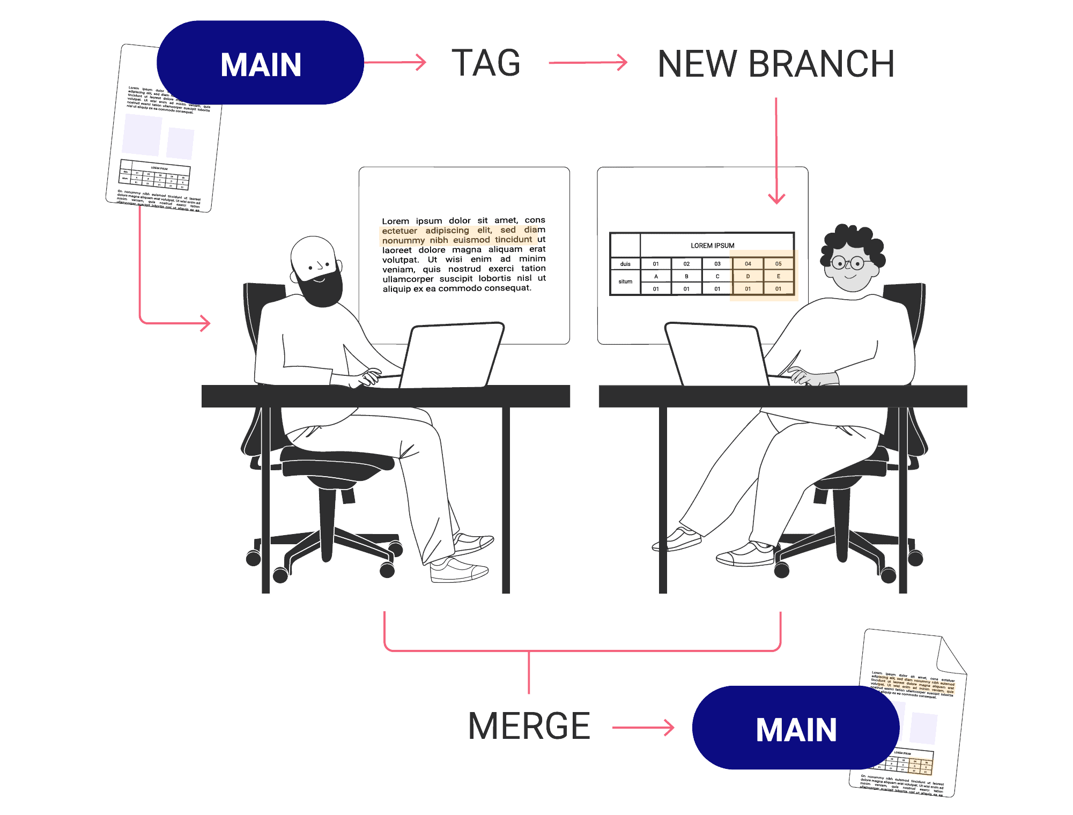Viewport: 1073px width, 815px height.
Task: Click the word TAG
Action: point(486,63)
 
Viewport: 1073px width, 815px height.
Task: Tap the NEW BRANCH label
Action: point(775,64)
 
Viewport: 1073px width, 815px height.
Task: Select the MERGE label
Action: point(529,726)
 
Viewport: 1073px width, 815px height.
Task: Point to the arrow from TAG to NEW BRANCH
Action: point(588,63)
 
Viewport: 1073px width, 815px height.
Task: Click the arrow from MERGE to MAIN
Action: point(643,728)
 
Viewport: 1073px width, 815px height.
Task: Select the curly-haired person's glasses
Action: point(848,263)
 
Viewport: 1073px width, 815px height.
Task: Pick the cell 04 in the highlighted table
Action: point(748,264)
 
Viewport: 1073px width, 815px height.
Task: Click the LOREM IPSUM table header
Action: point(712,246)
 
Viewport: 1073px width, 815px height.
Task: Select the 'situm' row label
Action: point(625,281)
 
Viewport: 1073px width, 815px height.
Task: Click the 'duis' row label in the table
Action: point(625,264)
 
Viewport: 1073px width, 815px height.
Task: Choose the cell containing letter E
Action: point(778,276)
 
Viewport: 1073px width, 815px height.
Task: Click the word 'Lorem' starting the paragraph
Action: point(395,221)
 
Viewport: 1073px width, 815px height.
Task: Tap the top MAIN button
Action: point(261,63)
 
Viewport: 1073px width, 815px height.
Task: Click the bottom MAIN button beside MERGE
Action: point(796,728)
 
